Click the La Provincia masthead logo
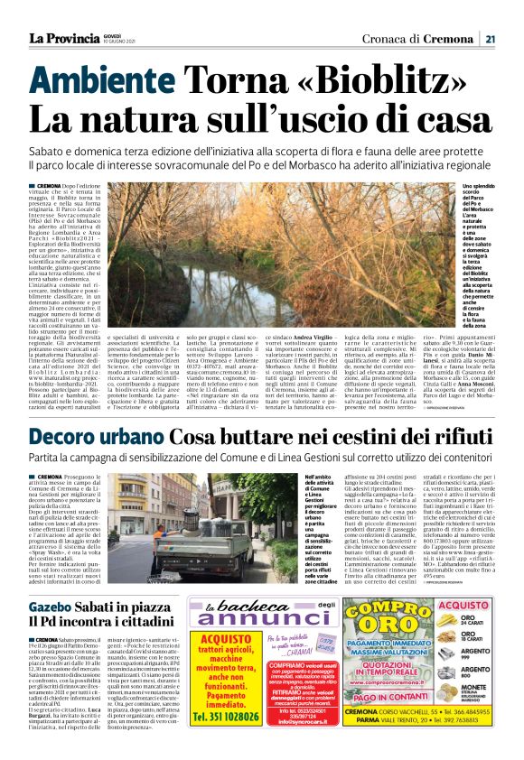[x=64, y=38]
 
